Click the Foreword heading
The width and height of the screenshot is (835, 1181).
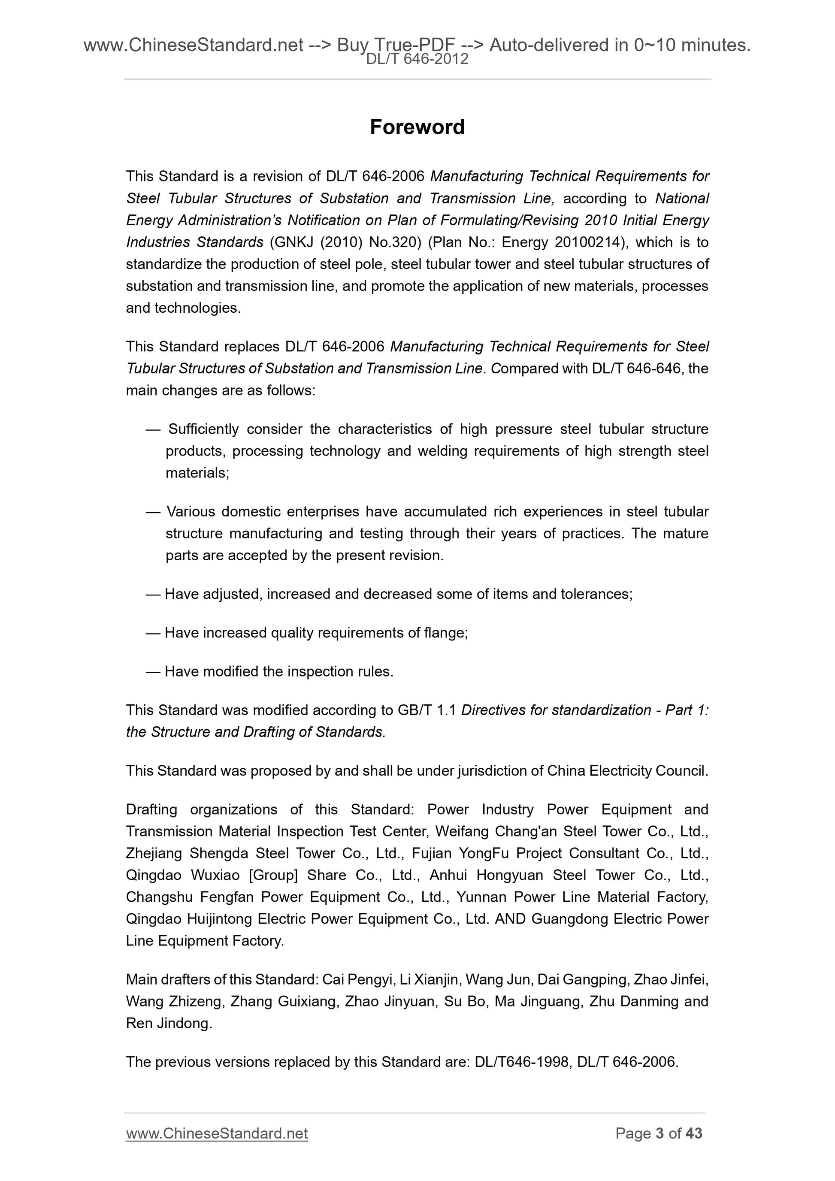[x=417, y=127]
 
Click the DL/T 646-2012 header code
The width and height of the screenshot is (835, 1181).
[x=417, y=60]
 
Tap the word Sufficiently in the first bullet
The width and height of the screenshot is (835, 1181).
[x=204, y=429]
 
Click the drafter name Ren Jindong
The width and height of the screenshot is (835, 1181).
[x=168, y=1023]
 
